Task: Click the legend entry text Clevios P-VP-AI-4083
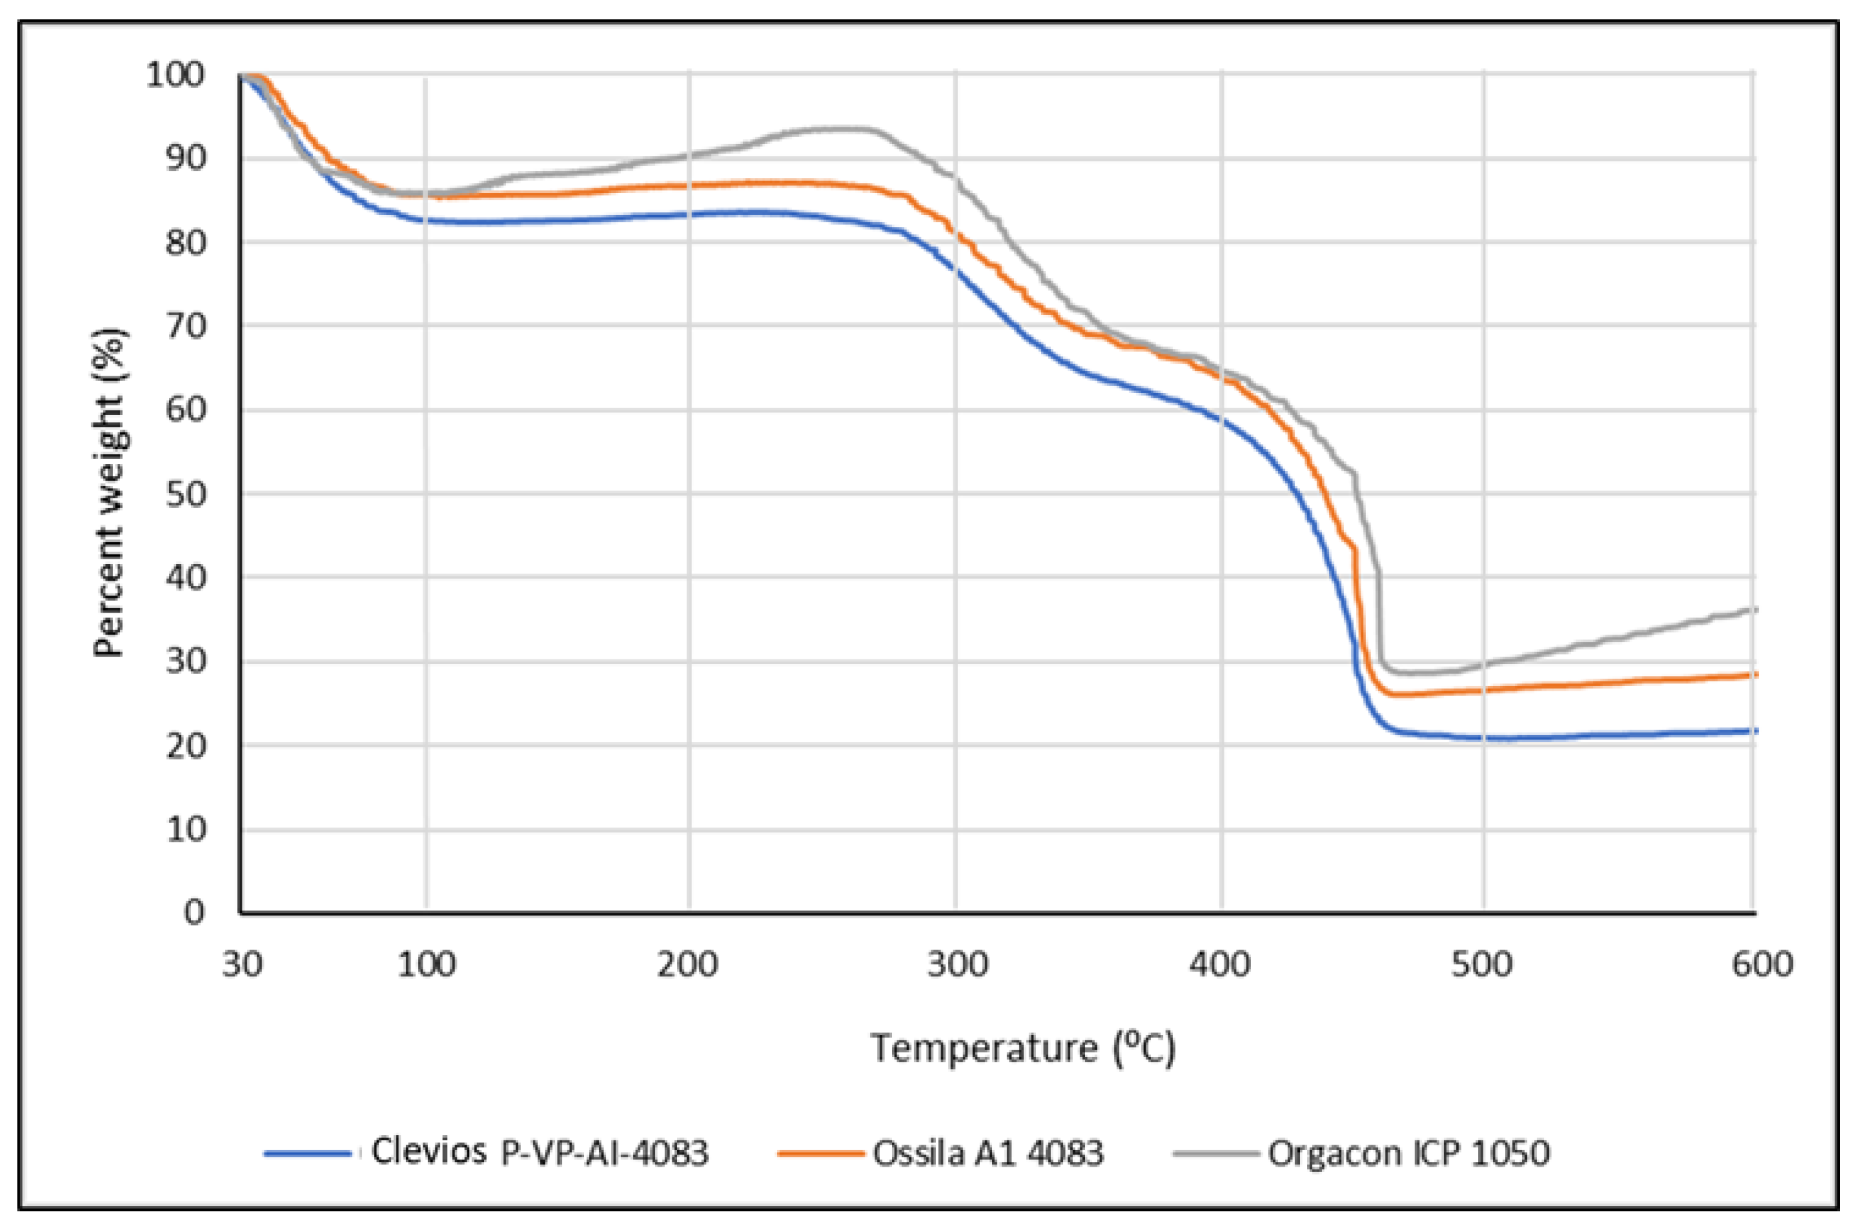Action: pos(539,1153)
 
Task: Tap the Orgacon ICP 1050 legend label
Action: pos(1409,1153)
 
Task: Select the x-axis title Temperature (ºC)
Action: pos(1023,1048)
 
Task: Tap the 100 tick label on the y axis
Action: pos(176,75)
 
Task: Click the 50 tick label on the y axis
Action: pos(185,494)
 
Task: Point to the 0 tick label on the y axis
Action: pos(194,912)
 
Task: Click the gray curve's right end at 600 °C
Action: pos(1754,609)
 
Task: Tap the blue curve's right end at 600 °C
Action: pos(1754,730)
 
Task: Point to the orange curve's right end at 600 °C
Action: pos(1754,674)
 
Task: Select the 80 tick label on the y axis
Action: pos(185,242)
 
